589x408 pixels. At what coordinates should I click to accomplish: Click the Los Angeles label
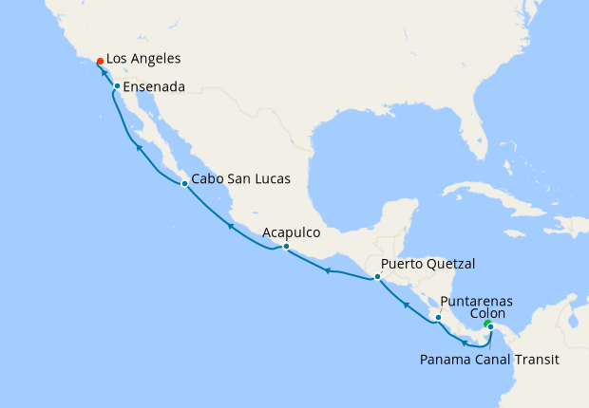[x=143, y=59]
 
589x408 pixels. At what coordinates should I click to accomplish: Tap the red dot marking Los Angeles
[x=101, y=61]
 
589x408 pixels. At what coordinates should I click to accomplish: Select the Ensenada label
[x=154, y=86]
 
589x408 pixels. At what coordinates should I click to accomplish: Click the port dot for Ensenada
[x=117, y=87]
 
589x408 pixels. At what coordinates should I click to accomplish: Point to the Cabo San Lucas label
[x=240, y=178]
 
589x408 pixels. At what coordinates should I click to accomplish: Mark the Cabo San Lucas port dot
[x=184, y=184]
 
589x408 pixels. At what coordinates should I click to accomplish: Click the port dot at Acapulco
[x=286, y=247]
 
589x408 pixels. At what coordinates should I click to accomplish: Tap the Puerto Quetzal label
[x=427, y=264]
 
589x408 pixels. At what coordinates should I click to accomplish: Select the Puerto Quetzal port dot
[x=377, y=277]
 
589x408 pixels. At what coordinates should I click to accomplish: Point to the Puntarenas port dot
[x=438, y=317]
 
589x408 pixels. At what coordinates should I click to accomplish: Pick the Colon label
[x=488, y=313]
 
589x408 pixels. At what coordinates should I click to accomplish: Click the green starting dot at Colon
[x=486, y=325]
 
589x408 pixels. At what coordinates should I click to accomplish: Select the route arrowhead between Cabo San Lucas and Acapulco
[x=230, y=226]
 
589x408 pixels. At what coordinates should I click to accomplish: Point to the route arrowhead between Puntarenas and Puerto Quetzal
[x=405, y=305]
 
